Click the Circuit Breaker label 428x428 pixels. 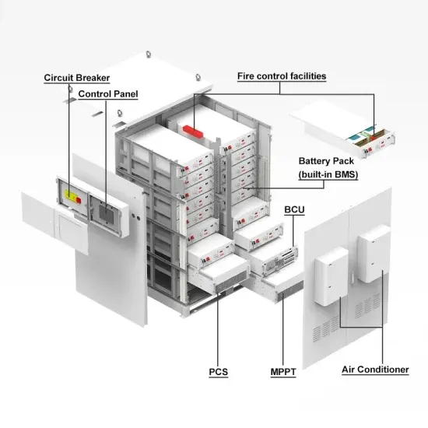pos(76,78)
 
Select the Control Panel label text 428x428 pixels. pos(108,94)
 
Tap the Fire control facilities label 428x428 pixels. pos(281,76)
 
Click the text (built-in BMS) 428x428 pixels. pos(328,175)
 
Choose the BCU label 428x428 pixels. pos(295,210)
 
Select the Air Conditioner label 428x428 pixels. pos(376,370)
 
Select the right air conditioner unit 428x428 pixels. pos(372,254)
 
